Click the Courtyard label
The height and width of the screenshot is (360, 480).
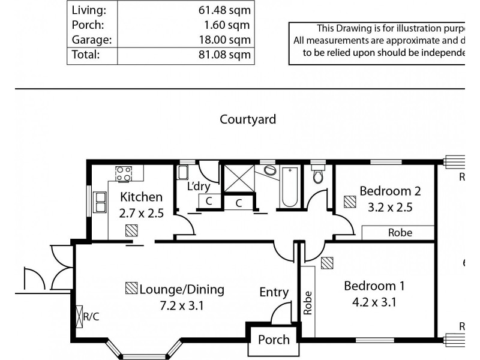tap(248, 119)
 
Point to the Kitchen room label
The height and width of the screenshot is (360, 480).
tap(141, 197)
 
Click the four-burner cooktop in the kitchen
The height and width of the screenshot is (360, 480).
tap(124, 173)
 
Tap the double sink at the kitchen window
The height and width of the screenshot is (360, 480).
tap(99, 202)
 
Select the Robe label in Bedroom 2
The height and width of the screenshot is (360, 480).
tap(400, 233)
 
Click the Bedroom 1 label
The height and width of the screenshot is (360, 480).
tap(370, 286)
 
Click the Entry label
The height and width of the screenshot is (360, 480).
tap(274, 292)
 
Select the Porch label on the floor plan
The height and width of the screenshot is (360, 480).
tap(274, 340)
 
